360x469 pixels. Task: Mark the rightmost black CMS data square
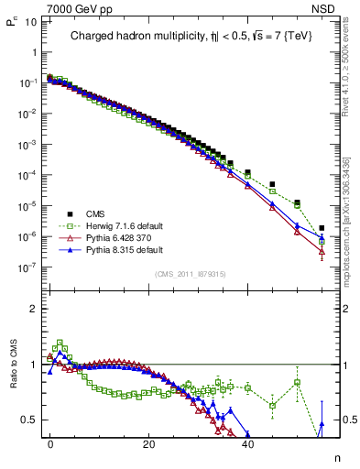[x=322, y=228]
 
